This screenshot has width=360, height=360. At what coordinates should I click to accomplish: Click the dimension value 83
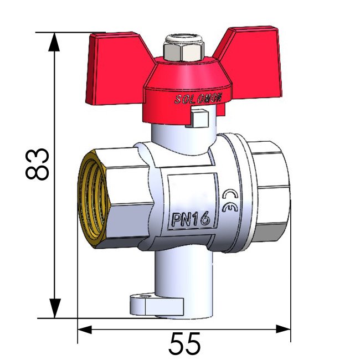pyautogui.click(x=38, y=164)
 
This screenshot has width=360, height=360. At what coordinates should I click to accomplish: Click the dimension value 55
pyautogui.click(x=184, y=344)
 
